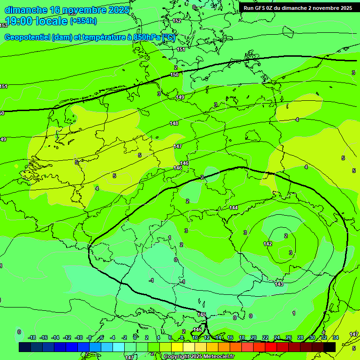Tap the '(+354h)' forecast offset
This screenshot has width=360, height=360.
[x=83, y=21]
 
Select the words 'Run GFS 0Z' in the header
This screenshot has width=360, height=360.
[x=259, y=8]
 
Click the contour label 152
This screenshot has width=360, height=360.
[x=177, y=21]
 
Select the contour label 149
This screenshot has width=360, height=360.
[x=180, y=97]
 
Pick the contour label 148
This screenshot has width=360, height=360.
[x=174, y=123]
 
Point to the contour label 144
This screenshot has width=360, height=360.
[x=233, y=208]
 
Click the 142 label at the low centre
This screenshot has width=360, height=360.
[x=268, y=244]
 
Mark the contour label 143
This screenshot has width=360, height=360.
[x=279, y=284]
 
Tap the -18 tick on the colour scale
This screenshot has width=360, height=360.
[x=32, y=337]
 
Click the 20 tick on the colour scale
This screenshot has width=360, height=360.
[x=254, y=337]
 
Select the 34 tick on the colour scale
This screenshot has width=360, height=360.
[x=336, y=337]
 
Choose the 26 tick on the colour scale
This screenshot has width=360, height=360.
[x=288, y=337]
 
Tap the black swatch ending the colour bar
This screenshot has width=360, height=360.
[x=330, y=347]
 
